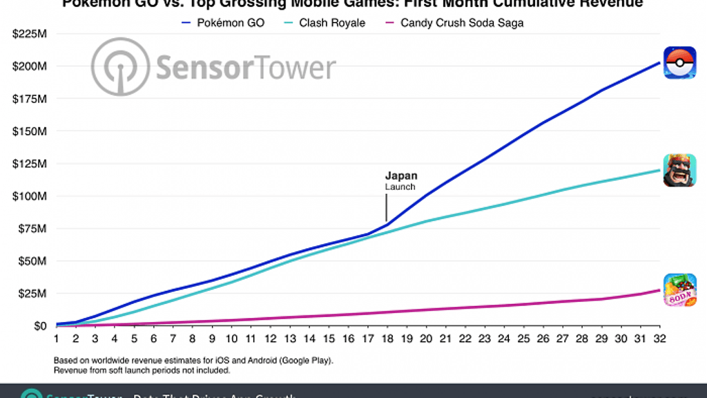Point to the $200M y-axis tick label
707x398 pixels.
pos(30,66)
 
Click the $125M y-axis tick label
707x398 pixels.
pos(30,164)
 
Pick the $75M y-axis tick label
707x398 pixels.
pos(32,229)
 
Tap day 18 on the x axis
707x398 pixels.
pos(387,339)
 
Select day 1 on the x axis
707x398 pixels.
pos(56,339)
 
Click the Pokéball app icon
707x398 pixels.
pos(679,63)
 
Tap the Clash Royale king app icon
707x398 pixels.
pos(679,170)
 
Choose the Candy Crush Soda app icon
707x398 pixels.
pos(679,290)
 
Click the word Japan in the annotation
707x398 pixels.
pos(401,176)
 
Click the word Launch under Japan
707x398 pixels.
pos(400,187)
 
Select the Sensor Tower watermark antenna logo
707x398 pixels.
pos(122,67)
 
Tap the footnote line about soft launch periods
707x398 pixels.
pos(142,370)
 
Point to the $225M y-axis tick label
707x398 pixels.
pos(30,34)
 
